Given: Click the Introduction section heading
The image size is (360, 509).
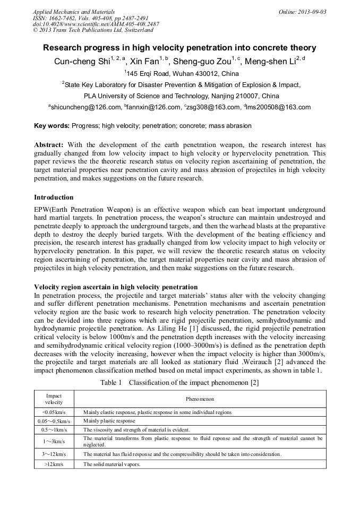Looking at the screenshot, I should [x=54, y=197].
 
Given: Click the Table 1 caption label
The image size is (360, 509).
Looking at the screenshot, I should [x=112, y=383].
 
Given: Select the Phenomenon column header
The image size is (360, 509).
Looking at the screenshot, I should [x=200, y=399].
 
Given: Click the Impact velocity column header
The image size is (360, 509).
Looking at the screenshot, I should [x=54, y=399].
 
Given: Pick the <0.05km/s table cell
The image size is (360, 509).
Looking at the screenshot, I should [x=54, y=412].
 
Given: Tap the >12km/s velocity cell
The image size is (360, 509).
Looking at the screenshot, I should [x=54, y=464].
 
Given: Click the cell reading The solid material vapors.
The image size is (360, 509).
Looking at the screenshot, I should [x=112, y=464].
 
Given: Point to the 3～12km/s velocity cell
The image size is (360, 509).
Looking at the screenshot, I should [x=54, y=454].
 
